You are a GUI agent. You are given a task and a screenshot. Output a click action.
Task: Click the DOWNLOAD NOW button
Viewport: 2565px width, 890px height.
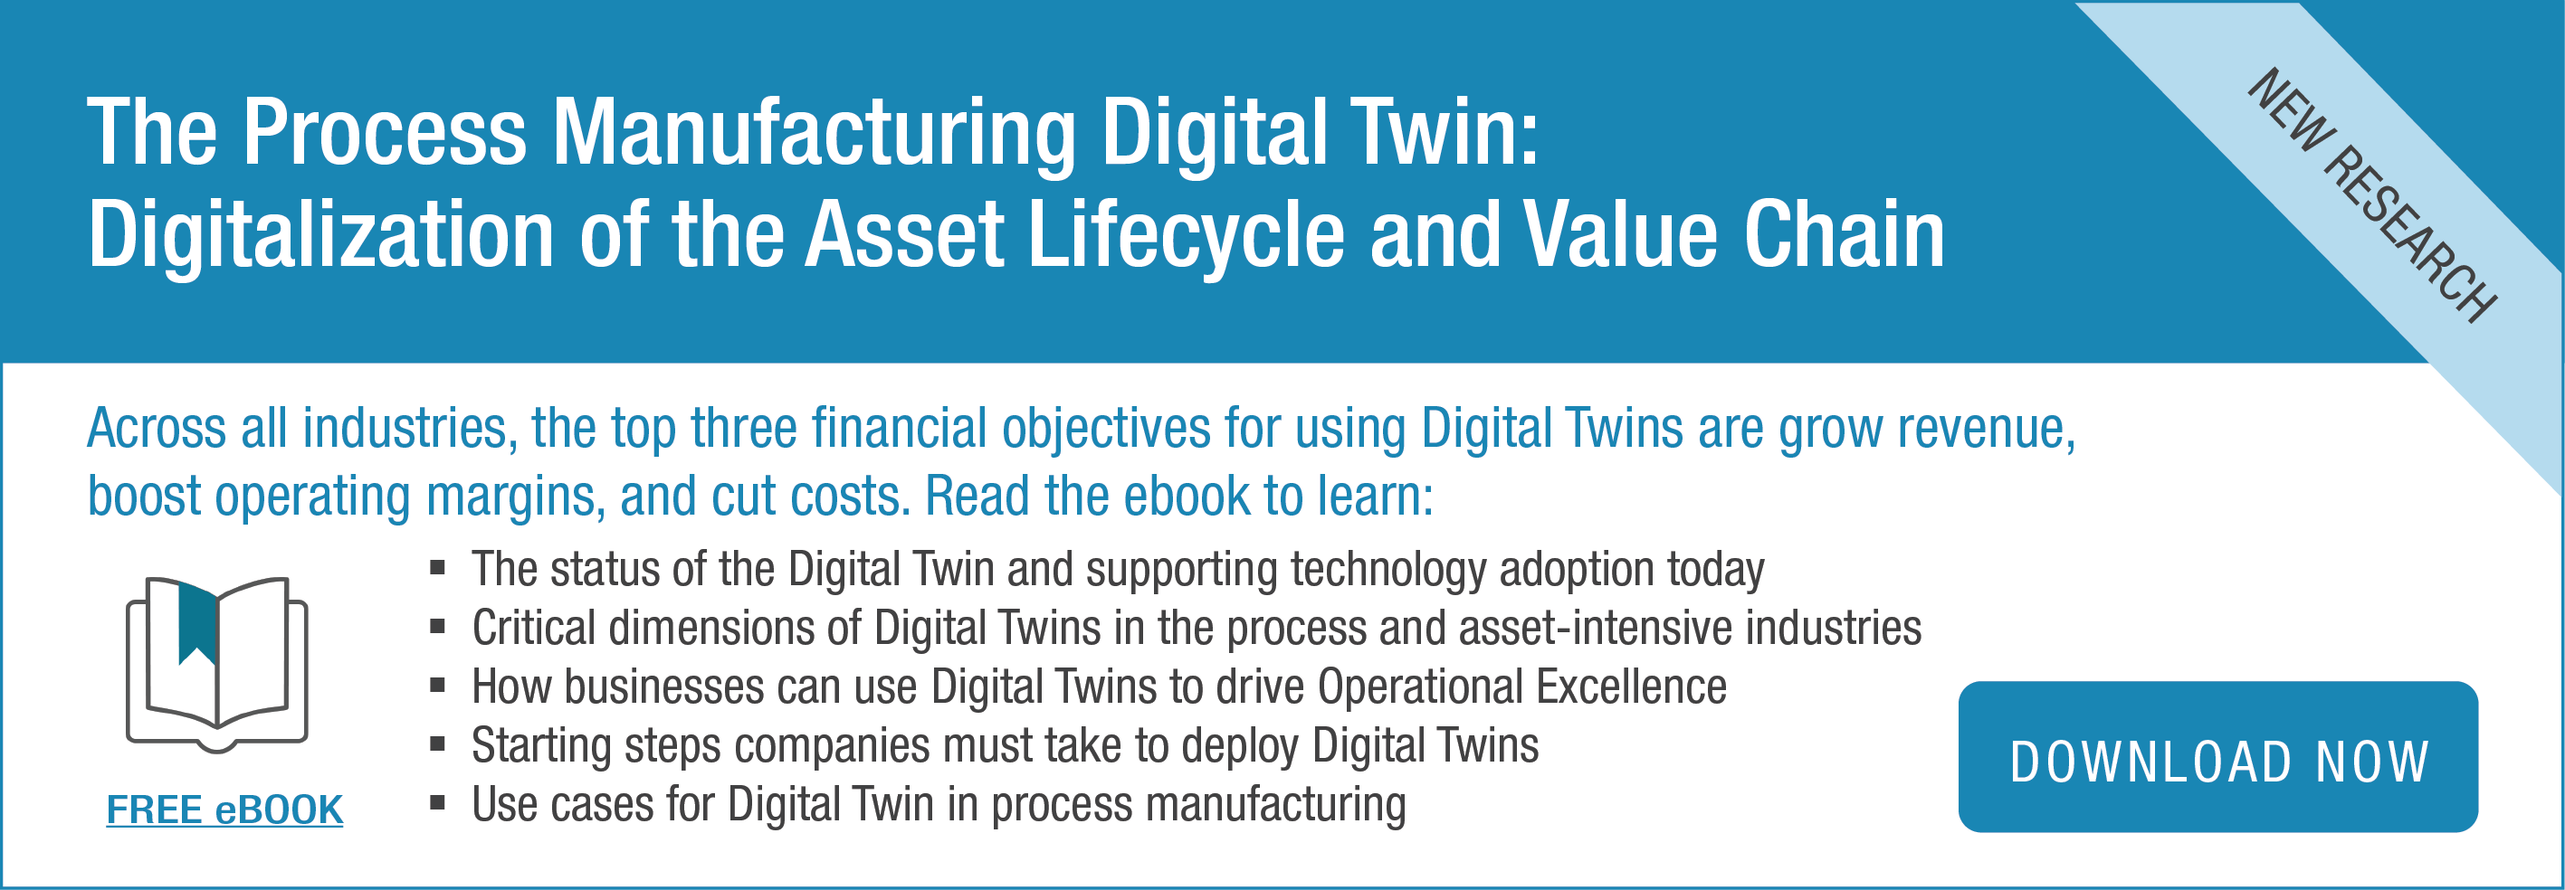tap(2217, 757)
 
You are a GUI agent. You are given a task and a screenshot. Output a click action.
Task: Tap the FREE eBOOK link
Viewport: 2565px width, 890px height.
tap(224, 810)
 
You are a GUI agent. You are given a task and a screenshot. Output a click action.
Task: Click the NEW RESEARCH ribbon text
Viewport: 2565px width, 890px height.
tap(2372, 196)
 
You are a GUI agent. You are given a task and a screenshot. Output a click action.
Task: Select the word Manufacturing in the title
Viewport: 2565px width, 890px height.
tap(814, 135)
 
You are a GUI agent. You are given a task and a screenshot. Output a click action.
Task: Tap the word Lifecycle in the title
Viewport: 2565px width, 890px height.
tap(1185, 236)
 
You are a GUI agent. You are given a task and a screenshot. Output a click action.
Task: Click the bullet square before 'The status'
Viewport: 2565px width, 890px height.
tap(437, 568)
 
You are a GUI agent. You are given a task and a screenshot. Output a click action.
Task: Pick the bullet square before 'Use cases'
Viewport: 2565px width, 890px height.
tap(437, 802)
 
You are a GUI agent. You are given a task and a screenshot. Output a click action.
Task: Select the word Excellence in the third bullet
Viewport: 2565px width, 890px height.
tap(1631, 686)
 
